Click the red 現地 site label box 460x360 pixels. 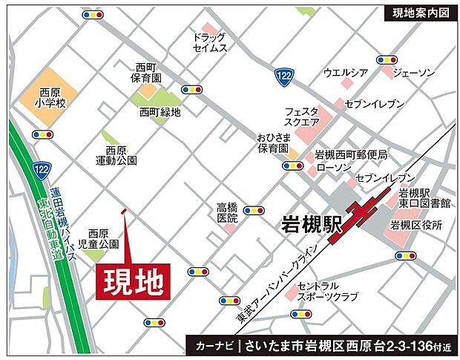134,281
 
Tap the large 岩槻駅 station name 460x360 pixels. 311,224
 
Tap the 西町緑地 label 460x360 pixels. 160,112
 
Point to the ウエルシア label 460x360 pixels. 346,73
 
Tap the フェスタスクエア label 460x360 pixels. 302,117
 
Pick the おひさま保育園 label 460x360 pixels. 273,143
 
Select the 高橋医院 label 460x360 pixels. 227,213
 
